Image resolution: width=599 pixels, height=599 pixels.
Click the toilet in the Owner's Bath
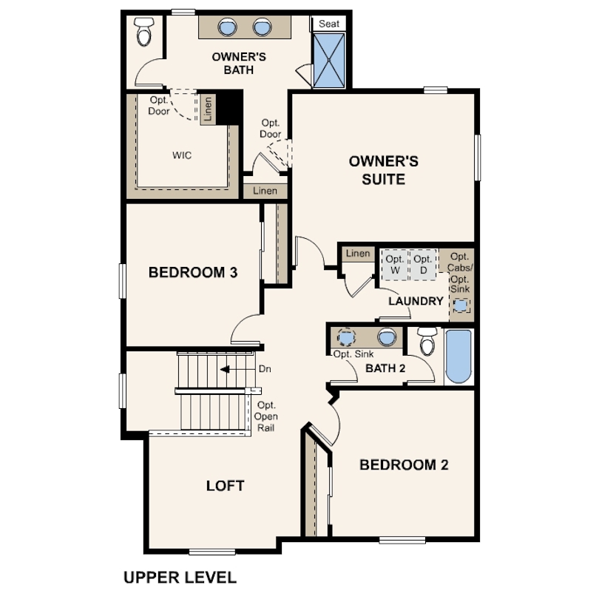click(x=144, y=32)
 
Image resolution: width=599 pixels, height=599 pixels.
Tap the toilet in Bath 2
click(x=427, y=341)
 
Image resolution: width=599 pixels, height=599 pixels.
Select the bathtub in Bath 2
click(x=458, y=356)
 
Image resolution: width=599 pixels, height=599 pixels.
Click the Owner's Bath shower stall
click(x=328, y=61)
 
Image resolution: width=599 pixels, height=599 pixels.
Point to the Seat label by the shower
click(x=329, y=24)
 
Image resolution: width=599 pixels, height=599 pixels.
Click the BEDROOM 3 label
click(x=193, y=272)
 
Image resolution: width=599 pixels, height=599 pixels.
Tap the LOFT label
click(x=226, y=486)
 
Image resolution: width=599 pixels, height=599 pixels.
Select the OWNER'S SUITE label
click(x=384, y=170)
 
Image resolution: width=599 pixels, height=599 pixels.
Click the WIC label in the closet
click(x=182, y=155)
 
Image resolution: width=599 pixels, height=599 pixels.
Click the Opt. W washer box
click(x=395, y=265)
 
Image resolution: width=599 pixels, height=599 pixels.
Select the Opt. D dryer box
click(x=422, y=265)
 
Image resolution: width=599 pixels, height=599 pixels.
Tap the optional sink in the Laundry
click(x=461, y=305)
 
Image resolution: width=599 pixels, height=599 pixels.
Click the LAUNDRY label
click(x=416, y=301)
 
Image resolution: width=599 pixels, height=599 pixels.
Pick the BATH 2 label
click(x=385, y=368)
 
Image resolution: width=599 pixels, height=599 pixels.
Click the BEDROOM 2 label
click(x=405, y=465)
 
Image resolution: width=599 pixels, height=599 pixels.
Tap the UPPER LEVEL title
click(x=180, y=578)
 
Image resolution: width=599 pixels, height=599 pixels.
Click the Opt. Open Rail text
click(x=266, y=416)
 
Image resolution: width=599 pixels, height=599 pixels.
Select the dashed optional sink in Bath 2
click(x=347, y=337)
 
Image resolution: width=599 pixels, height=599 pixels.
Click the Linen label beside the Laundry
click(x=358, y=253)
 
